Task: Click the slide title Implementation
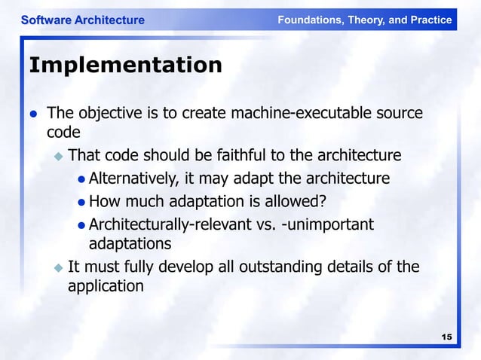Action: pyautogui.click(x=125, y=66)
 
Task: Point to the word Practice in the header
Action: pyautogui.click(x=427, y=20)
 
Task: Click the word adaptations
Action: pyautogui.click(x=130, y=244)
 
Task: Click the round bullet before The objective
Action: pyautogui.click(x=33, y=114)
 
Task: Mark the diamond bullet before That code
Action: pyautogui.click(x=58, y=157)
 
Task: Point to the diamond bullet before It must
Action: pyautogui.click(x=58, y=267)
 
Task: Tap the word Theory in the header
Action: pyautogui.click(x=367, y=20)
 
